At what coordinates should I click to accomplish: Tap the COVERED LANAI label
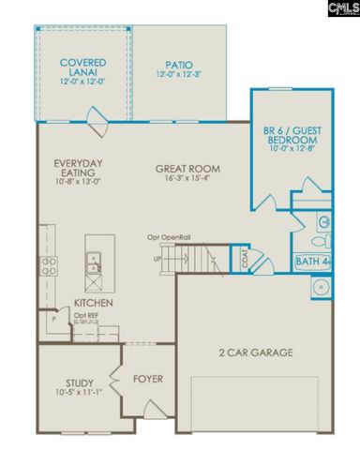click(x=82, y=67)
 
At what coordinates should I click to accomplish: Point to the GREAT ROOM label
click(x=187, y=170)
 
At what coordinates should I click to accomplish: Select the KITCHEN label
click(x=94, y=304)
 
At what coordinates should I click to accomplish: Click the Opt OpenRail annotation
click(x=169, y=237)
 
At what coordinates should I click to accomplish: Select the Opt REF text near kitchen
click(x=87, y=316)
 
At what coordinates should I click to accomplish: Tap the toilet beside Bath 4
click(x=322, y=222)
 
